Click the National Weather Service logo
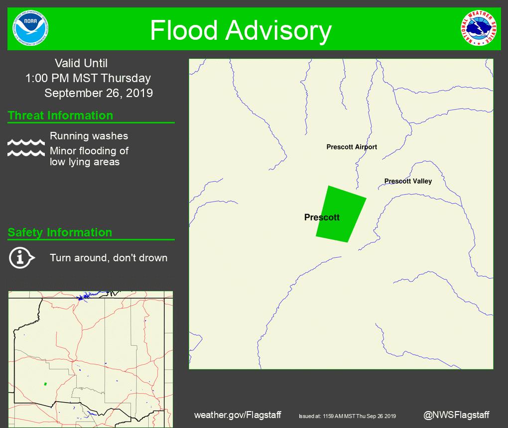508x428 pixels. pos(479,28)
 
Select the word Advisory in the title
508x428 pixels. pos(278,30)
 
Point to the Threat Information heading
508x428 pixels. pos(60,115)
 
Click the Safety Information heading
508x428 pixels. pos(60,232)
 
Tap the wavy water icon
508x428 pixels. pos(26,147)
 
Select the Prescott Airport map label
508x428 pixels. pos(352,147)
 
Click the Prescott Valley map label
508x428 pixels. pos(408,181)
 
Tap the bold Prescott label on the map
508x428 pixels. pos(322,217)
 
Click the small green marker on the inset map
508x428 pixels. pos(45,384)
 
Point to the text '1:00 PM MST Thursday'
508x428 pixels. pos(88,78)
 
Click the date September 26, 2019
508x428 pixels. pos(99,93)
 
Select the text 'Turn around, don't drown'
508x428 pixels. pos(109,258)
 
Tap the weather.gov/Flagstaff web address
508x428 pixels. pos(238,415)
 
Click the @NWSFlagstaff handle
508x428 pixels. pos(456,415)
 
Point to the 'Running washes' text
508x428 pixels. pos(89,136)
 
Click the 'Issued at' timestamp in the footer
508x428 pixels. pos(347,416)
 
